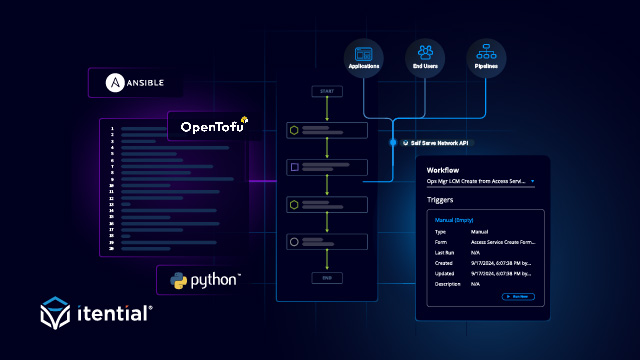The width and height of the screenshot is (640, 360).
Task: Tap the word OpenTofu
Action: point(207,127)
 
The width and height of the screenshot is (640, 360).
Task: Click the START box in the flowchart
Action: point(327,91)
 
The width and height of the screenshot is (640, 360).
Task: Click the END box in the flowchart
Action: point(327,277)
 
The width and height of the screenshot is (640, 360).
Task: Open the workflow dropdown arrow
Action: point(533,182)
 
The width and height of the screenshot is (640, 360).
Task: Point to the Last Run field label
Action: point(443,252)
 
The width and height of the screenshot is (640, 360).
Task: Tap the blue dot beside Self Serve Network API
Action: point(393,142)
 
